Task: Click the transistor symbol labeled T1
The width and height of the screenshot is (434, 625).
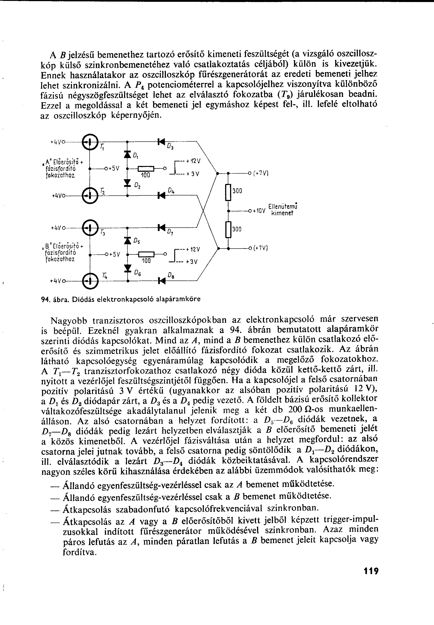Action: point(90,142)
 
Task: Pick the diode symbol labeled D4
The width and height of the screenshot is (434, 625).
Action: point(162,195)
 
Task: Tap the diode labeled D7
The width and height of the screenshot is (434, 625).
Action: point(162,227)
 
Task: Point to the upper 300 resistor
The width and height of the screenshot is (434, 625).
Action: point(228,192)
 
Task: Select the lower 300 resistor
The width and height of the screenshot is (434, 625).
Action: point(228,230)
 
